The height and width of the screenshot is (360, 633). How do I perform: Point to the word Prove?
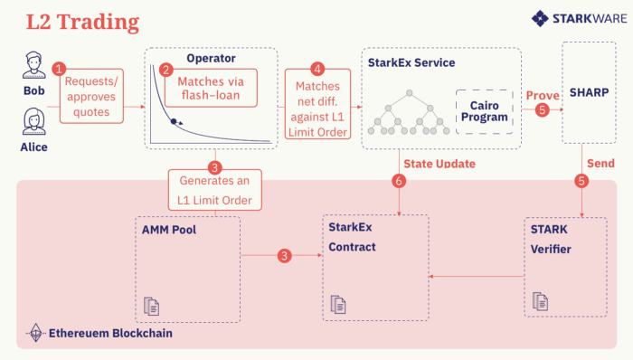click(543, 94)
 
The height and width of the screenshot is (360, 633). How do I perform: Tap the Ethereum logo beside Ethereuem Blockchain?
click(37, 334)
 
